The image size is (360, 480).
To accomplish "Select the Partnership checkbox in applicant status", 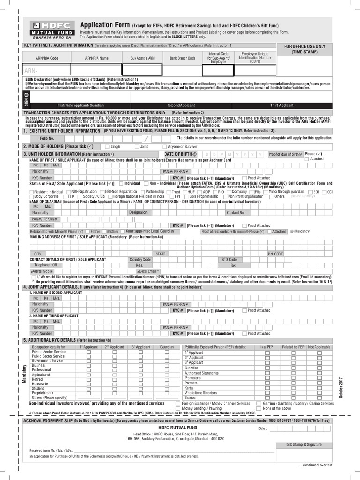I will [142, 192].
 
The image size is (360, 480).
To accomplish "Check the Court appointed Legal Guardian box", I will [122, 232].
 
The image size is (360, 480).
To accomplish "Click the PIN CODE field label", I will [275, 254].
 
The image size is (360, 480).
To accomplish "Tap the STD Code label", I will [229, 259].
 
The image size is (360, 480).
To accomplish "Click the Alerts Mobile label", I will [42, 271].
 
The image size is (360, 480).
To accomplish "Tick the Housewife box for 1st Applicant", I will [89, 384].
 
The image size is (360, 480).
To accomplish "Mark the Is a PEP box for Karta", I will [267, 388].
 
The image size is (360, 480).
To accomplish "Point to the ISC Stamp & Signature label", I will [304, 444].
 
